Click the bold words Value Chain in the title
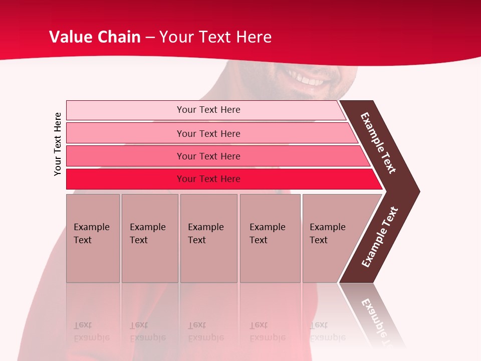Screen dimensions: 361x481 95,37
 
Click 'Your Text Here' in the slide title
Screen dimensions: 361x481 215,37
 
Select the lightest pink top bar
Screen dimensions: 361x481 125,110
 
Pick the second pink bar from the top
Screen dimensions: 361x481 125,133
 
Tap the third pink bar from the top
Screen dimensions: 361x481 125,156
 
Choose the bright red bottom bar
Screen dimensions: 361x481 125,179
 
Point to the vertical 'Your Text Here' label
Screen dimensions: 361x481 58,144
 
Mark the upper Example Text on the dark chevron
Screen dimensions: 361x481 378,143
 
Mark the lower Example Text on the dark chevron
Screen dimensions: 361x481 380,237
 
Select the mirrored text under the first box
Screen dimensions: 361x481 92,331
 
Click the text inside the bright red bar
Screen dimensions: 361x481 208,179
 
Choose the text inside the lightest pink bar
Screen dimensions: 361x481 208,110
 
